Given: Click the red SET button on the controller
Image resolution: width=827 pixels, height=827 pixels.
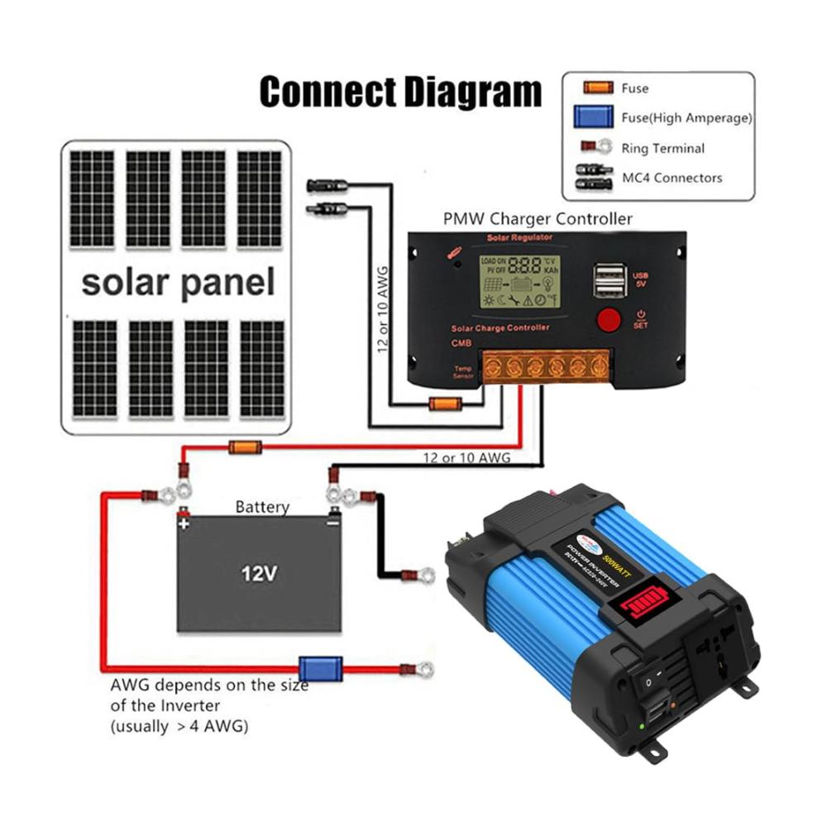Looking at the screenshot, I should [609, 320].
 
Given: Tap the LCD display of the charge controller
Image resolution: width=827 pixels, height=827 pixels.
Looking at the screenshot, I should [519, 281].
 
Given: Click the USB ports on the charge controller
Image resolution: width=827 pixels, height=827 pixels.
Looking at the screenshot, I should [609, 280].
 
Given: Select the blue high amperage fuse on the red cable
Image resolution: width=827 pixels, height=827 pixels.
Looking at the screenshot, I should [320, 667].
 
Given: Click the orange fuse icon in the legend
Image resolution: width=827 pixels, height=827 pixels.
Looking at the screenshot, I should [597, 88].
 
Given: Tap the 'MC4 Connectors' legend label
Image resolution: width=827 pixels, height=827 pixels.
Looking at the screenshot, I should [672, 178].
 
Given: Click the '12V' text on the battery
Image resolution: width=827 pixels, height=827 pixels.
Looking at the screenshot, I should [258, 572].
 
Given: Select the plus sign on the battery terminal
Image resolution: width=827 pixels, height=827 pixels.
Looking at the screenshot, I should [184, 523].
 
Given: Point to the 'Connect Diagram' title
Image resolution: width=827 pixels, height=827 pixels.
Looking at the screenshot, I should [400, 93].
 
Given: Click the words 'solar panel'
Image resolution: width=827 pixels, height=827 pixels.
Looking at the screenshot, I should [178, 283].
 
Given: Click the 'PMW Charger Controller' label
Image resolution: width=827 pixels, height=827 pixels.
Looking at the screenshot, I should [538, 219].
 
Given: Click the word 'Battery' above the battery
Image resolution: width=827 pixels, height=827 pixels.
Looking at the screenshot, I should [262, 506].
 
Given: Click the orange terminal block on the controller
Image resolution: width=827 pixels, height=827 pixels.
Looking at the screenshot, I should [546, 366].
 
